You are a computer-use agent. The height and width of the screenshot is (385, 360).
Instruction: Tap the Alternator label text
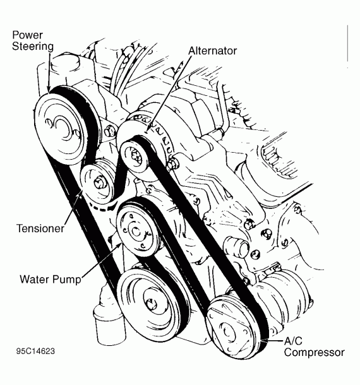click(213, 50)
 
